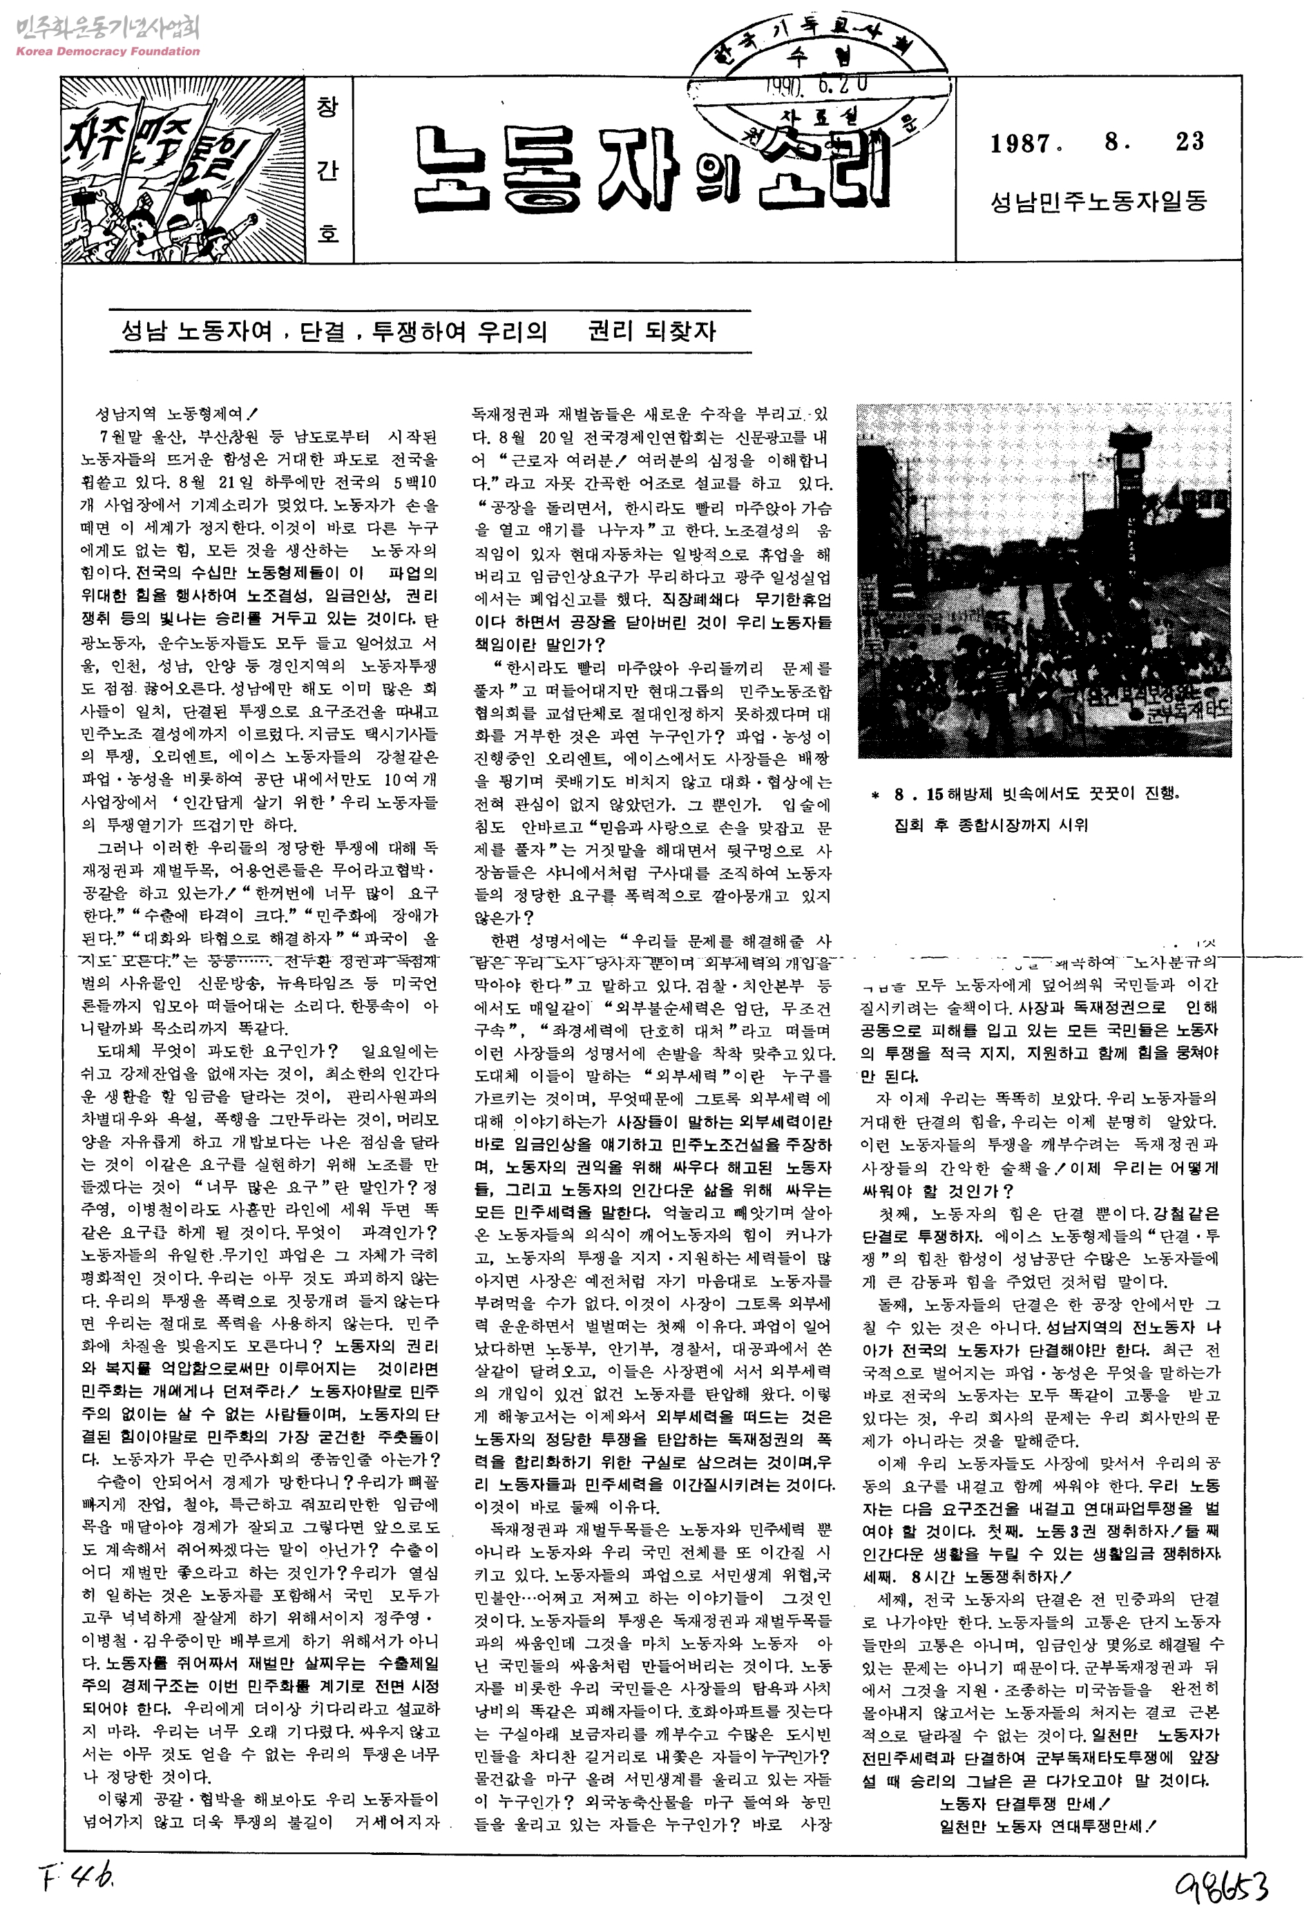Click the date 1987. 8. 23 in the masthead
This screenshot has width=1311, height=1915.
(1097, 142)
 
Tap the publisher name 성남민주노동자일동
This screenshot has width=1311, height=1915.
(1098, 201)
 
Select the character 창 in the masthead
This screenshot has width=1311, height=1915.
(327, 107)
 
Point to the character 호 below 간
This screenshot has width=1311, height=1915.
(327, 233)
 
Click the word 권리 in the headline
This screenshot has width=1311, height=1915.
(611, 331)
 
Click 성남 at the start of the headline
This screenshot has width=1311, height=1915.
(144, 331)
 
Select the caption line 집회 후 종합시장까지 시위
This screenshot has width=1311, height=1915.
(991, 825)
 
